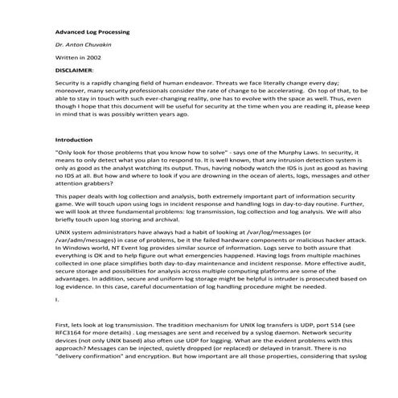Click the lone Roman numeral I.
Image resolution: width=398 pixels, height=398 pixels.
point(56,300)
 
